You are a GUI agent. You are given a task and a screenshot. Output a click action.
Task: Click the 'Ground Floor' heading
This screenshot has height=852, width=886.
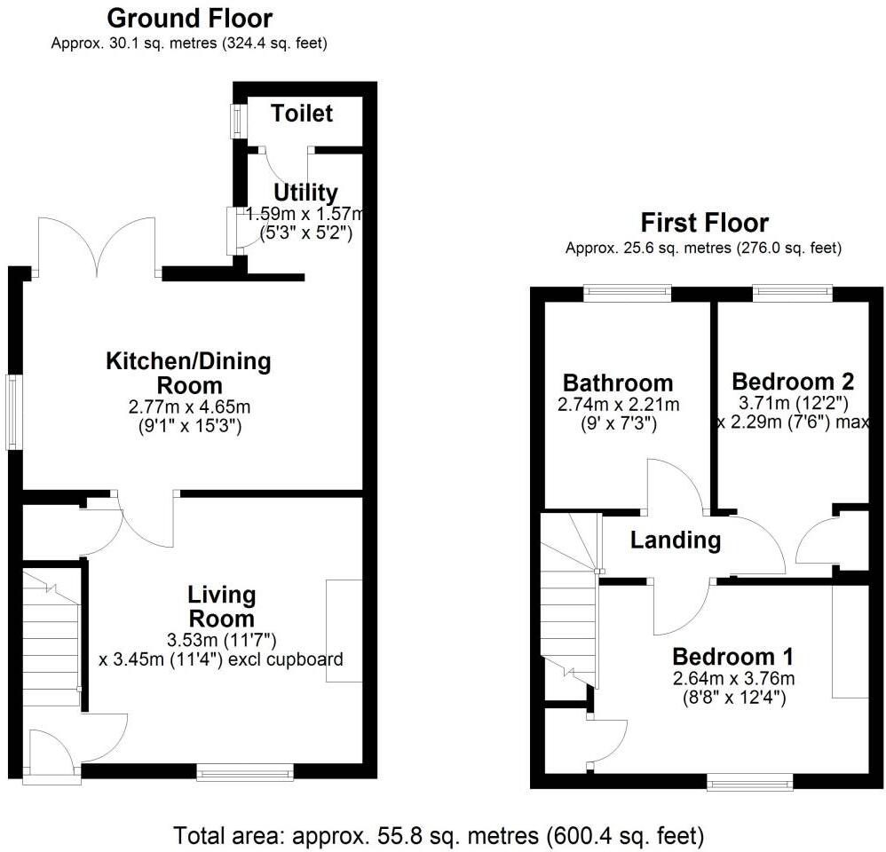coord(189,18)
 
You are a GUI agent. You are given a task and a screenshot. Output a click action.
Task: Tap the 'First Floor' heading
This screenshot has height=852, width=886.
coord(704,223)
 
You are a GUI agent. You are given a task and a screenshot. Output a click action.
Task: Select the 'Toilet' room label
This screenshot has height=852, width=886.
coord(303,114)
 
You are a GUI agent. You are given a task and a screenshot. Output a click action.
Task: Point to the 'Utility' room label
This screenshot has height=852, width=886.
coord(305,193)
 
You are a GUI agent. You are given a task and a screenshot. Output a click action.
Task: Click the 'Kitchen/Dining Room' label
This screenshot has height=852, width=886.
coord(188,374)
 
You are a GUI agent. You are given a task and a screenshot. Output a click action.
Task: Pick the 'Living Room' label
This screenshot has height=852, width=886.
coord(221,606)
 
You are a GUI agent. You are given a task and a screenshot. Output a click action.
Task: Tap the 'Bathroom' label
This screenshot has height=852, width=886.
coord(618,383)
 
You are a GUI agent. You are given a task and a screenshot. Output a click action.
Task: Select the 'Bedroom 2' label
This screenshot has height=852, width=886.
coord(792,382)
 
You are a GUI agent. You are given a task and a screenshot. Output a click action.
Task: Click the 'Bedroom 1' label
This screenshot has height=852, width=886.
coord(732,658)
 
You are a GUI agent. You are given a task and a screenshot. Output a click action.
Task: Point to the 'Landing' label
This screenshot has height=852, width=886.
coord(676,540)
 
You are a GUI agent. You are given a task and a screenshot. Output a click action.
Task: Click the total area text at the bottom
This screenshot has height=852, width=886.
coord(439,835)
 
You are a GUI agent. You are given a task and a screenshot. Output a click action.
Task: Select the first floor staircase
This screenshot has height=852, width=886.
coord(568,603)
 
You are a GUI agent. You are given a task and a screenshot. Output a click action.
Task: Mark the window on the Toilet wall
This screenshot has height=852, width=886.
coord(238,122)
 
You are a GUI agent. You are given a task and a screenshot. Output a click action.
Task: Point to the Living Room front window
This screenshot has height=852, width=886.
coord(245,774)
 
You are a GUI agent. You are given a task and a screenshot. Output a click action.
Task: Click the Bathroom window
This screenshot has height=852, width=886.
coord(627,293)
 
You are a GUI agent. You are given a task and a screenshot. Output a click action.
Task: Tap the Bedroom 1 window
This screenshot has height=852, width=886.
coord(750,782)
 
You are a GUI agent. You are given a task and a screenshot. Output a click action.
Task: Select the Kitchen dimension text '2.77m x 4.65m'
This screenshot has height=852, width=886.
coord(188,409)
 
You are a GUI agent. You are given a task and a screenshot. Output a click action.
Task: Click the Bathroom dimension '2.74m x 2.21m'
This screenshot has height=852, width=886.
coord(618,406)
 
